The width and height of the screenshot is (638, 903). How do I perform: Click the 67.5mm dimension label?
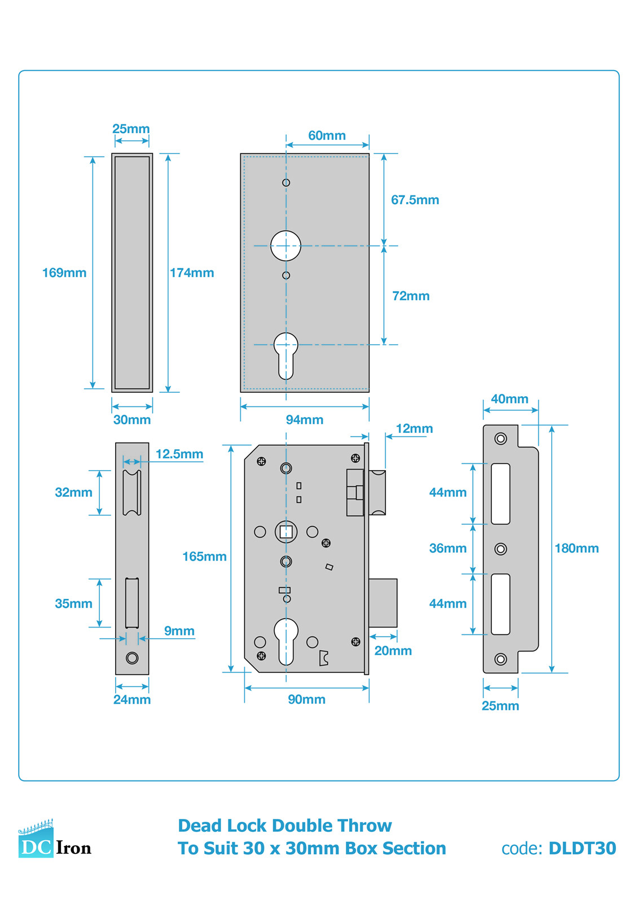[x=415, y=200]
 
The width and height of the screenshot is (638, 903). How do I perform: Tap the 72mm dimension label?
[x=411, y=296]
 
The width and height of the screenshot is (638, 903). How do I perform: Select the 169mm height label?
[x=64, y=273]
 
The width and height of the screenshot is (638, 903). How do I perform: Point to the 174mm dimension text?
[x=192, y=273]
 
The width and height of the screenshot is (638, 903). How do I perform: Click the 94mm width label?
[x=304, y=419]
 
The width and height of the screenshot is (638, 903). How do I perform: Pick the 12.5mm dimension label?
[x=179, y=454]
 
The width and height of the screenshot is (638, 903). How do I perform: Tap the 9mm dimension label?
[x=179, y=630]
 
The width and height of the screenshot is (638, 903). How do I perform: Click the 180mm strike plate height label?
[x=576, y=548]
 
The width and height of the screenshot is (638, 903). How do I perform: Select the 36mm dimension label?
[x=447, y=548]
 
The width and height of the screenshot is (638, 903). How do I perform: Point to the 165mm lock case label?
[x=204, y=556]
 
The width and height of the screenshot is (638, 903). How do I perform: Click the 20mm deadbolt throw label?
[x=393, y=650]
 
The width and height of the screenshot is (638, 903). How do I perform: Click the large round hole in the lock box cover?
[x=285, y=246]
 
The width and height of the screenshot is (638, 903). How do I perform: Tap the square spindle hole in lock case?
[x=286, y=532]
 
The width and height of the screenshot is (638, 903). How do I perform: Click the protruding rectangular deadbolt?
[x=383, y=603]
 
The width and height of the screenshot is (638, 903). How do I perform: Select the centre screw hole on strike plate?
[x=500, y=549]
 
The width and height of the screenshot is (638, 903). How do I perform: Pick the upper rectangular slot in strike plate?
[x=500, y=493]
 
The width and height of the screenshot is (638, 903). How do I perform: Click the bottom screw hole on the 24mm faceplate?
[x=132, y=657]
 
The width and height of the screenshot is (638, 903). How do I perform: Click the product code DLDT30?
[x=582, y=848]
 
